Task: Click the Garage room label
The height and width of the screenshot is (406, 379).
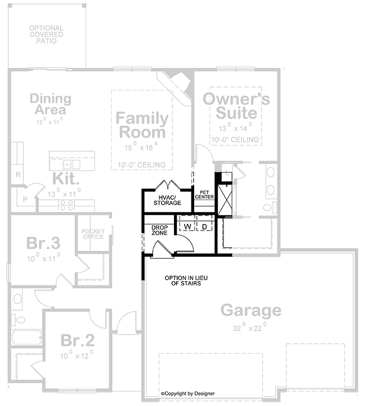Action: click(x=251, y=310)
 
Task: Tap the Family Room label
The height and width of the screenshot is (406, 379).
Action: click(x=142, y=125)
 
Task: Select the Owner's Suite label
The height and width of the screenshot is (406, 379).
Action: click(x=236, y=106)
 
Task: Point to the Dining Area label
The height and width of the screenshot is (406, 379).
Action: click(x=51, y=104)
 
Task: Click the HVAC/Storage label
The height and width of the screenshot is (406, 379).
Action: click(x=167, y=200)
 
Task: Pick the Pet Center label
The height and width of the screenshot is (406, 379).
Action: click(x=204, y=195)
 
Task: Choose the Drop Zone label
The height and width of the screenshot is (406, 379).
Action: click(x=159, y=230)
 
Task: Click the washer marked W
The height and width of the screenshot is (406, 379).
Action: click(x=187, y=227)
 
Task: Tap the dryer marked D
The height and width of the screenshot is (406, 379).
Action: click(x=205, y=227)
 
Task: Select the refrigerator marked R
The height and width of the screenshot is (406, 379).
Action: click(x=18, y=175)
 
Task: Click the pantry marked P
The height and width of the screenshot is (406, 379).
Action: click(x=25, y=199)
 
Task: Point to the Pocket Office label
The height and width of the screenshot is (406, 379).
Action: click(x=93, y=234)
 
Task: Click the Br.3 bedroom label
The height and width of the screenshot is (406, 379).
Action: click(x=43, y=243)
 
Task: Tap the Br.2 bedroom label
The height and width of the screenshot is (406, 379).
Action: click(x=78, y=340)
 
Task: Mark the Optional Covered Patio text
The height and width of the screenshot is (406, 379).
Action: click(x=47, y=34)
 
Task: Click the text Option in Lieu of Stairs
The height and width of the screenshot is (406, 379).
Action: click(x=186, y=281)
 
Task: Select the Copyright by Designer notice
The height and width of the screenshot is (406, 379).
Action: click(x=187, y=394)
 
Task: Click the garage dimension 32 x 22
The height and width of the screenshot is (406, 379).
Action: click(x=250, y=327)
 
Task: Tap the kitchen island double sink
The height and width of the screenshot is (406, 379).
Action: click(x=71, y=165)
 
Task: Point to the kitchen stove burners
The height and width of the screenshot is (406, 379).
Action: click(x=67, y=205)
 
